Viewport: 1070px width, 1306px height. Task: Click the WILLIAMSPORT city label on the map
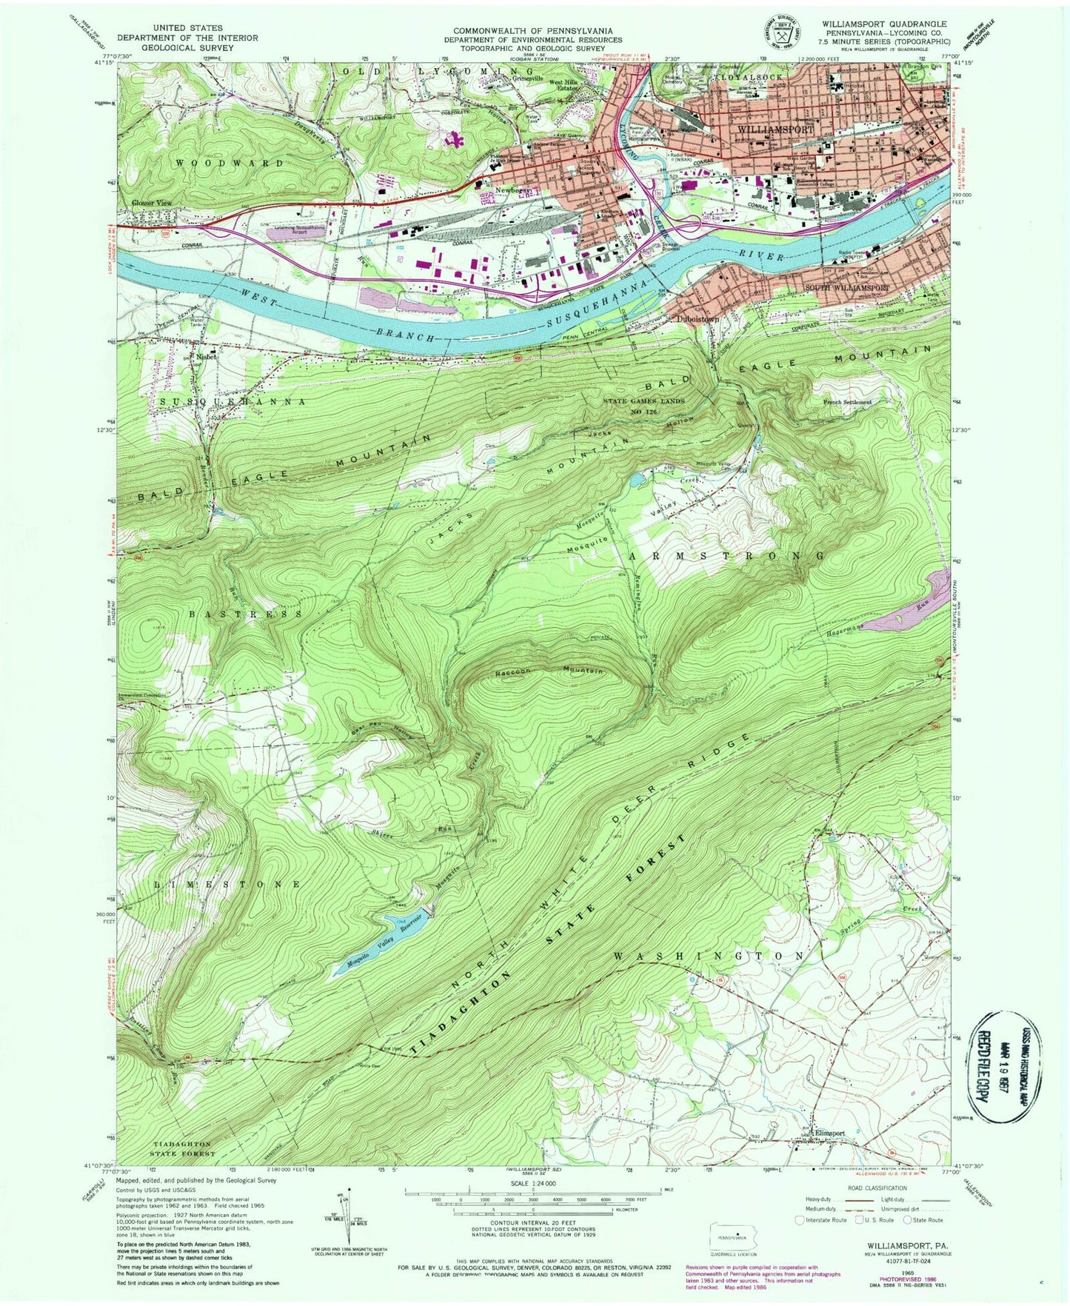(776, 130)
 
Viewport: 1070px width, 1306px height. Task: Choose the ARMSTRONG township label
(726, 555)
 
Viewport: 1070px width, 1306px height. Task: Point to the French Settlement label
(847, 402)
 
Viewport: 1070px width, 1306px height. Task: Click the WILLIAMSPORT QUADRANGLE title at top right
(883, 24)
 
